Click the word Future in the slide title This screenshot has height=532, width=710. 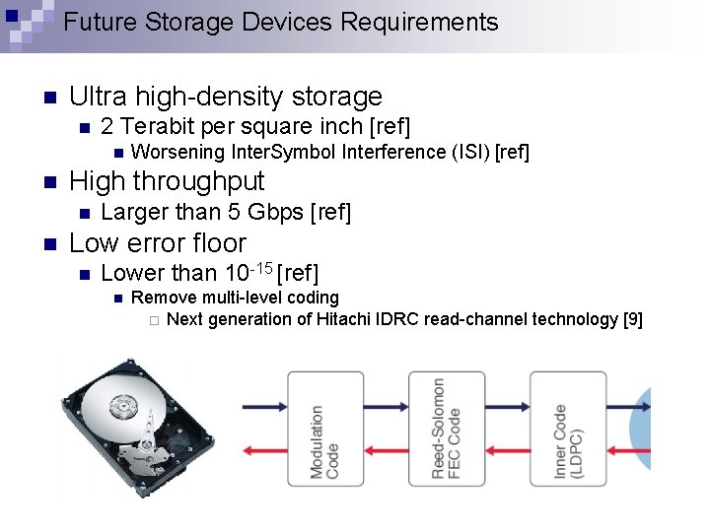[x=96, y=22]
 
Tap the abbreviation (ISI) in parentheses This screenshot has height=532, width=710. [x=468, y=152]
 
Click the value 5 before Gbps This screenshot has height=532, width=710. [x=233, y=212]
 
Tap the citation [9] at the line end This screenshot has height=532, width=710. [x=633, y=319]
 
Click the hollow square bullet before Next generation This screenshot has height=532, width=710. [x=153, y=320]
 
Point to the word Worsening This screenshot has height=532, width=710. [x=177, y=152]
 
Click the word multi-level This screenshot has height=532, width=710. [x=232, y=298]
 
